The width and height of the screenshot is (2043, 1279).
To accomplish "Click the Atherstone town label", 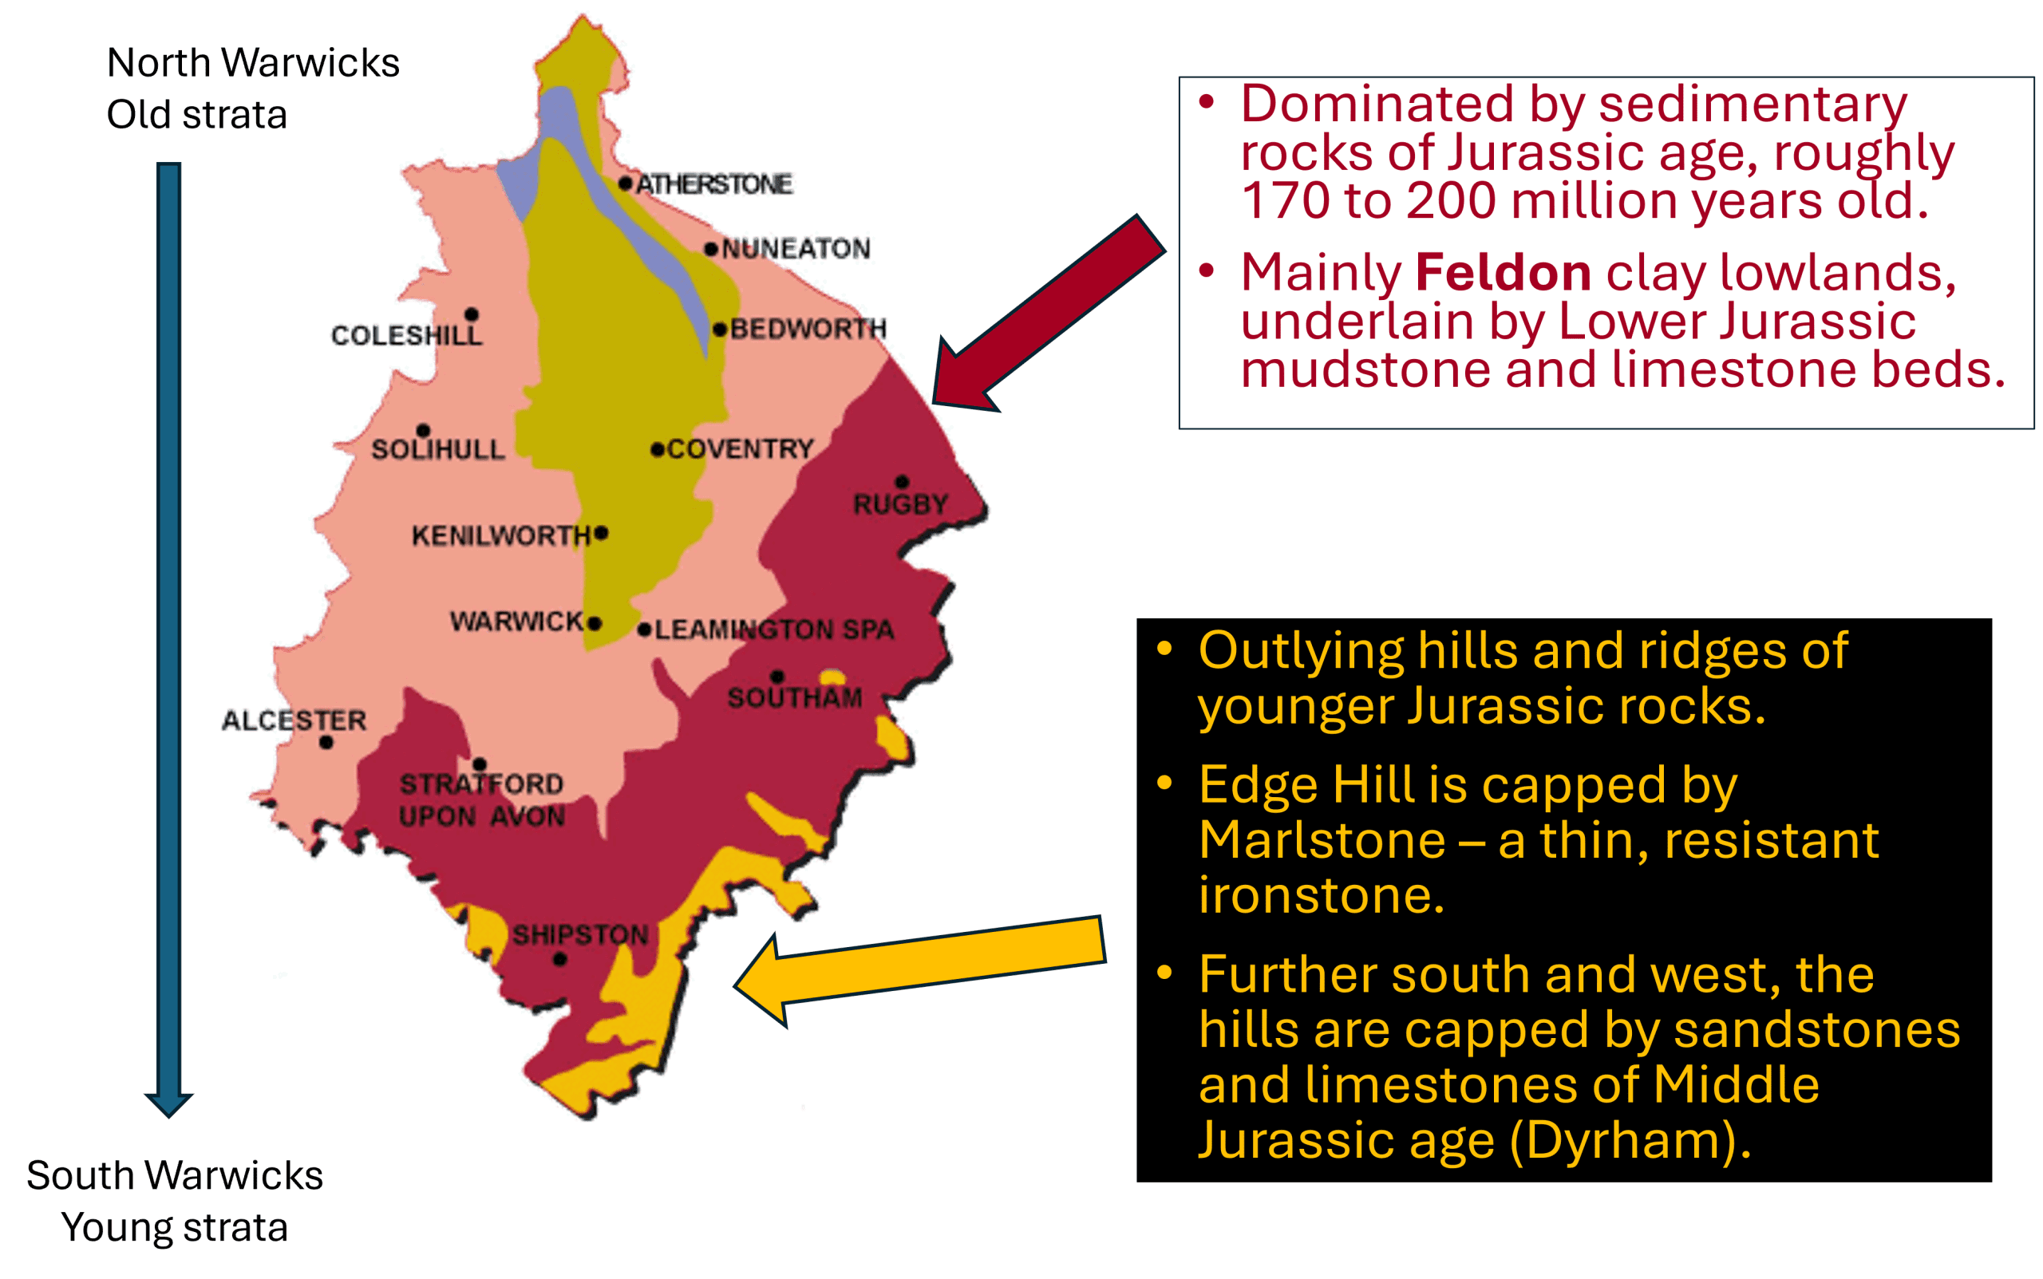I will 713,184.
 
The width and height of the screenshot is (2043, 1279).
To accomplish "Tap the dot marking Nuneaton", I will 710,249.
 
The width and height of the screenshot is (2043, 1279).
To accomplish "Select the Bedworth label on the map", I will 808,328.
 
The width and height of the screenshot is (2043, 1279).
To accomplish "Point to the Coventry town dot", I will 657,449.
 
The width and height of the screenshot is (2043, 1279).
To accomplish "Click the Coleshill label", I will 406,335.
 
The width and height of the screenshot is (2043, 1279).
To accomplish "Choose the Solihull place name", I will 437,449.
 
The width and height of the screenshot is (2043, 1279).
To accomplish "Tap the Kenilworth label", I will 501,535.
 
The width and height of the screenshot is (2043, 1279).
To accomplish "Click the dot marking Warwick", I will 595,623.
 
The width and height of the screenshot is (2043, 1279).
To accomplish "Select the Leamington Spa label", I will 774,630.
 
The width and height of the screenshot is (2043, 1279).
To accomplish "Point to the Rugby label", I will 900,504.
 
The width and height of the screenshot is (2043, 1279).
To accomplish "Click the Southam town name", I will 794,698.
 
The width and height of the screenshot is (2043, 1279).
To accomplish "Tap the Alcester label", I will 294,720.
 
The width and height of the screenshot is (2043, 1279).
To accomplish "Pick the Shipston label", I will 580,935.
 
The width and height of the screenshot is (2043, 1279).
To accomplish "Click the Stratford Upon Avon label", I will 481,800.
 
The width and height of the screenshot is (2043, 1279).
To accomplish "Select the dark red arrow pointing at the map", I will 1049,313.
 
